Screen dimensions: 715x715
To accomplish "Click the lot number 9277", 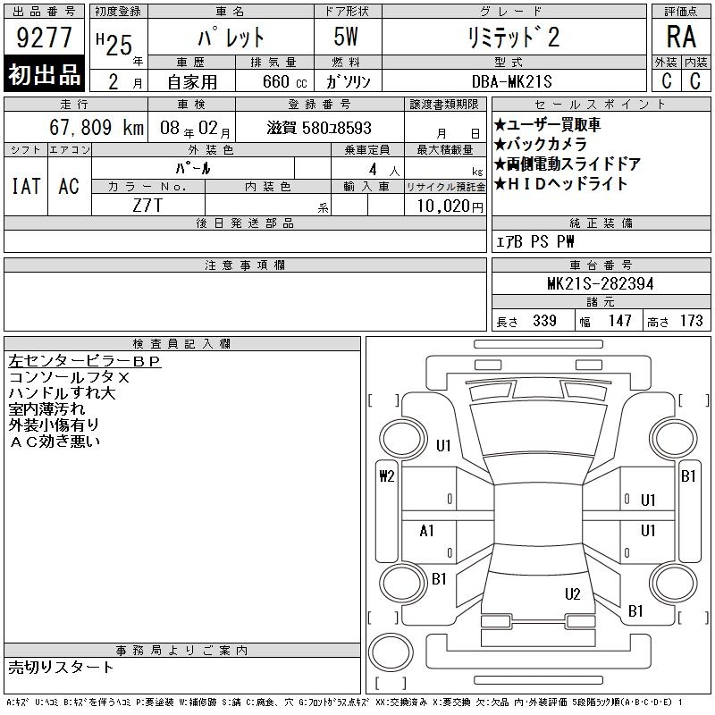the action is coord(44,37).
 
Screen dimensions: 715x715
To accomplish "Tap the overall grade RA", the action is coord(681,37).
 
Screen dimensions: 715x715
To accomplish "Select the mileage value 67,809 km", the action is coord(97,127).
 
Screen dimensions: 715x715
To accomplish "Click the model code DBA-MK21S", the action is coord(511,81).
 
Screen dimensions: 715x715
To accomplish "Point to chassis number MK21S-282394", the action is coord(600,283).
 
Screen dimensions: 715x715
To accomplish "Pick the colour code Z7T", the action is coord(147,206).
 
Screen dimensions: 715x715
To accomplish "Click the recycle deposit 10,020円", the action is coord(450,206).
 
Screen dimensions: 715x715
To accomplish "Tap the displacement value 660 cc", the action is coord(284,81).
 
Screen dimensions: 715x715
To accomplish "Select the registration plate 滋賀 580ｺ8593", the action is coord(319,128).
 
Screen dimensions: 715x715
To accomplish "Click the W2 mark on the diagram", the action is coord(387,476).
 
